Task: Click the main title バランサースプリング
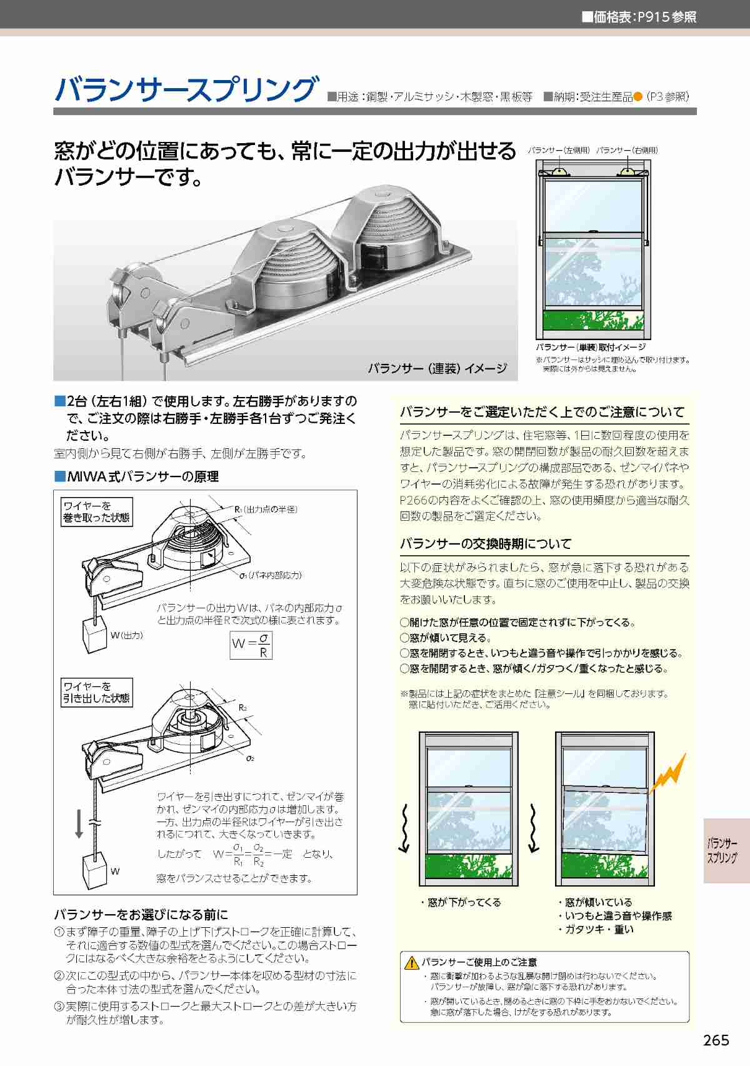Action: pyautogui.click(x=186, y=89)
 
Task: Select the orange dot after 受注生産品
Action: pyautogui.click(x=638, y=97)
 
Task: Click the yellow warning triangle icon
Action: pyautogui.click(x=411, y=963)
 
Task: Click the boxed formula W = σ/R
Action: pyautogui.click(x=251, y=645)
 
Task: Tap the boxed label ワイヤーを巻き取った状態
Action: pyautogui.click(x=96, y=511)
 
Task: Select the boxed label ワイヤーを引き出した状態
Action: pyautogui.click(x=96, y=692)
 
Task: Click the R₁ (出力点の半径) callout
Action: pyautogui.click(x=266, y=509)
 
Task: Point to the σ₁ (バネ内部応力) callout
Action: pyautogui.click(x=271, y=575)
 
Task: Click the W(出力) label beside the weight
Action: pyautogui.click(x=126, y=635)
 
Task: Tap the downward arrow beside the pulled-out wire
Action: pyautogui.click(x=79, y=826)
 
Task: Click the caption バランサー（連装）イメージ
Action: pyautogui.click(x=437, y=368)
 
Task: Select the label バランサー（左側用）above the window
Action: pyautogui.click(x=559, y=151)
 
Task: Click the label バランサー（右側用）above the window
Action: pyautogui.click(x=627, y=151)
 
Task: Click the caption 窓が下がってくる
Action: pyautogui.click(x=461, y=902)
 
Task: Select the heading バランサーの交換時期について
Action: pyautogui.click(x=486, y=543)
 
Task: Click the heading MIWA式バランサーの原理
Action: pyautogui.click(x=137, y=476)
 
